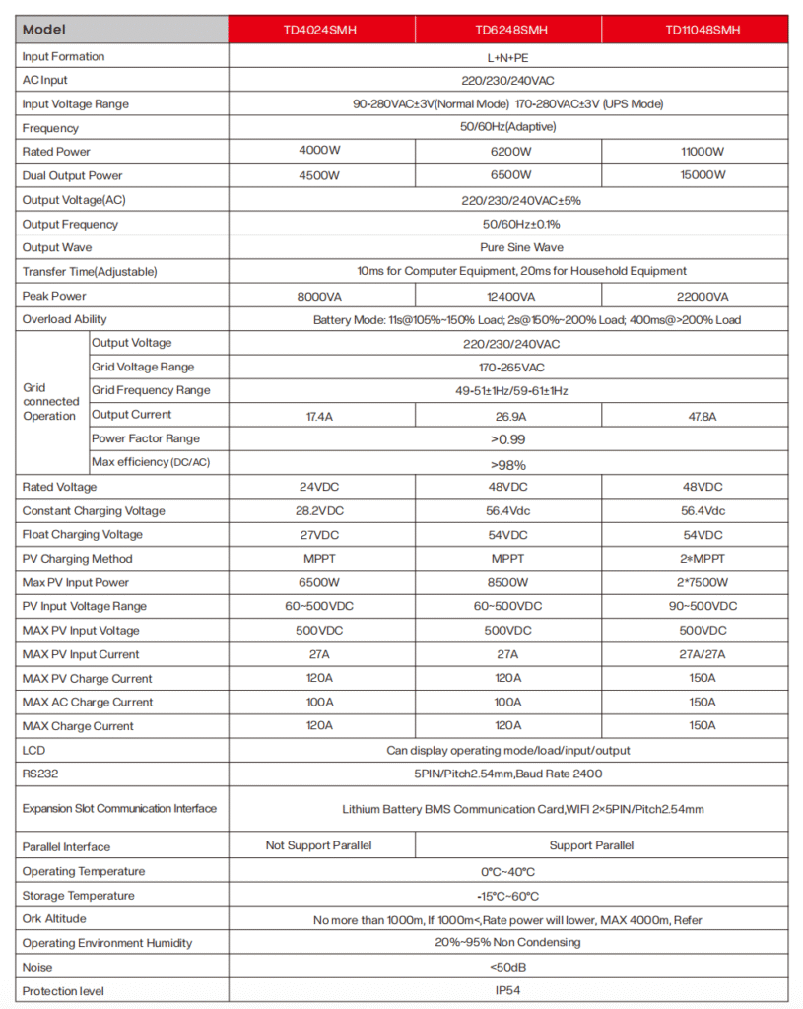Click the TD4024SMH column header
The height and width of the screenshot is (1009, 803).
(319, 30)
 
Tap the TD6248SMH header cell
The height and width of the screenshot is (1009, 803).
(507, 30)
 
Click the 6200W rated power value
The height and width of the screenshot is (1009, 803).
(507, 152)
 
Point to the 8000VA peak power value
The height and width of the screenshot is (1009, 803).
(319, 296)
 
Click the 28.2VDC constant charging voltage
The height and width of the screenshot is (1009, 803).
(319, 511)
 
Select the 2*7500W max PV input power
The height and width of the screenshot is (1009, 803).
(702, 582)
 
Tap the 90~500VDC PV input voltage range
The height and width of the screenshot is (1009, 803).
(702, 606)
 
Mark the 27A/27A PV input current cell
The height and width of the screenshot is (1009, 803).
(702, 654)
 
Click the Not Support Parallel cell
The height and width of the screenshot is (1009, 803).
(319, 845)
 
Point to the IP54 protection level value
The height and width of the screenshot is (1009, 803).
(507, 990)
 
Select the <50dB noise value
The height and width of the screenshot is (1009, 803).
(507, 967)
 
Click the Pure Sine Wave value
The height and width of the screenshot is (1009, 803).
(507, 247)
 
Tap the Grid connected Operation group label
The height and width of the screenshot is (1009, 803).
(50, 402)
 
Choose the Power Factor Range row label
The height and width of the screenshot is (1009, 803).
(145, 438)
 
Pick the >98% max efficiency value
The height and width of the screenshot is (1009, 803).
(507, 464)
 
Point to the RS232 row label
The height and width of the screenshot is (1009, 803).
(41, 774)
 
